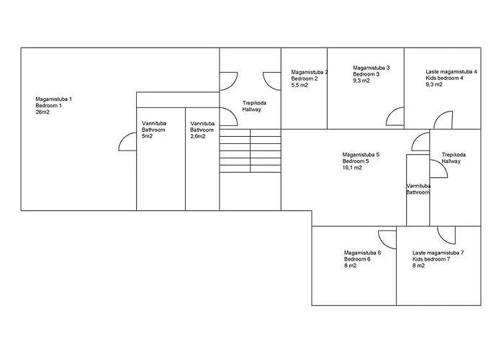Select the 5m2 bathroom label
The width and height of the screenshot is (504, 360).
click(146, 136)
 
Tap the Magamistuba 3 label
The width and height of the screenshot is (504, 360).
click(371, 74)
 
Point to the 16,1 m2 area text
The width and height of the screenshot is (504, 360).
click(352, 168)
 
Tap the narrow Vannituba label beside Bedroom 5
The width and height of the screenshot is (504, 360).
click(418, 189)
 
